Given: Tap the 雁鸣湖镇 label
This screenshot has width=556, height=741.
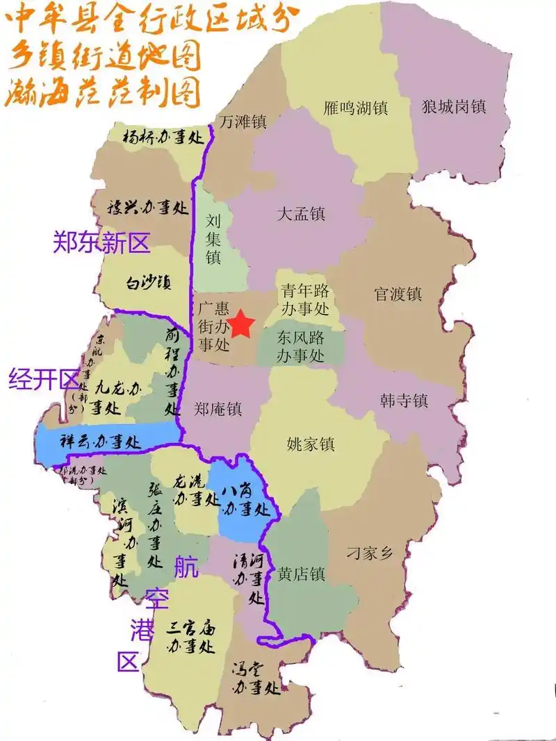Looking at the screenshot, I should [356, 108].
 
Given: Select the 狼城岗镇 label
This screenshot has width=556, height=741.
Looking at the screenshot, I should [453, 106].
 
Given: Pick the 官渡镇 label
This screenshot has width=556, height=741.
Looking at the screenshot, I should [398, 294].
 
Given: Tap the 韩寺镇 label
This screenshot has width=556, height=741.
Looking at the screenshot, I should [404, 400].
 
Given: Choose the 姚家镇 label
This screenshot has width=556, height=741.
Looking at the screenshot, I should [311, 443].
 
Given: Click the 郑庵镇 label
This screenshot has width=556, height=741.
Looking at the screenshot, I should [218, 410].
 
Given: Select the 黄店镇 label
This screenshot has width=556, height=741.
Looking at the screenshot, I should [301, 574].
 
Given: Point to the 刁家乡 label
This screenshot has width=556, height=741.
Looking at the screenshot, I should [370, 553].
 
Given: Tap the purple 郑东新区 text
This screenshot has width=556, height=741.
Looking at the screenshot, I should [101, 242].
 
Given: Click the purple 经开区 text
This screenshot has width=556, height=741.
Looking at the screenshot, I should [44, 379].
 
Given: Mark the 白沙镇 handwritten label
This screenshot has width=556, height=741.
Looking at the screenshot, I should [148, 282].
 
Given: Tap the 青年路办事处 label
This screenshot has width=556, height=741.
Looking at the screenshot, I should [304, 299].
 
